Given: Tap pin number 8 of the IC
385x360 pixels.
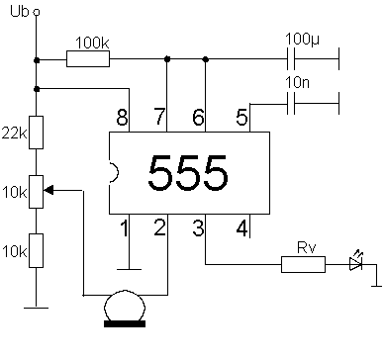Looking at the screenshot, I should [123, 118].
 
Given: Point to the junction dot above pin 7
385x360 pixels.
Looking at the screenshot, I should [166, 59].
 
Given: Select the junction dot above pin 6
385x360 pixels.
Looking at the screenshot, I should [205, 59].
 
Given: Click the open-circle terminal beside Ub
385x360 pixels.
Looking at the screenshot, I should [37, 13].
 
